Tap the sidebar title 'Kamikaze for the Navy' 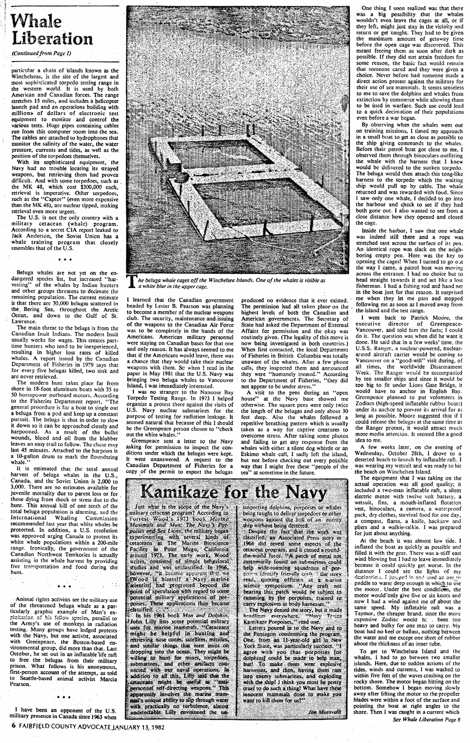[234, 493]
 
